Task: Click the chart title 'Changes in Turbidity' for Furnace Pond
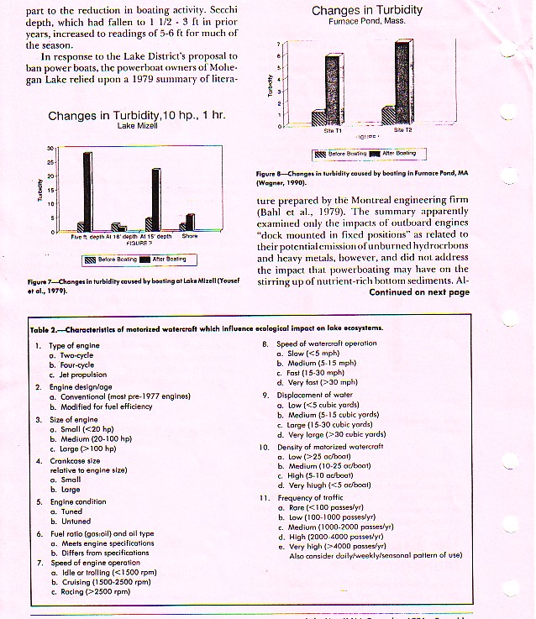coord(366,10)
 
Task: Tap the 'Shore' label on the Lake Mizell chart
coord(190,237)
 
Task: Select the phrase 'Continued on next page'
coord(418,293)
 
